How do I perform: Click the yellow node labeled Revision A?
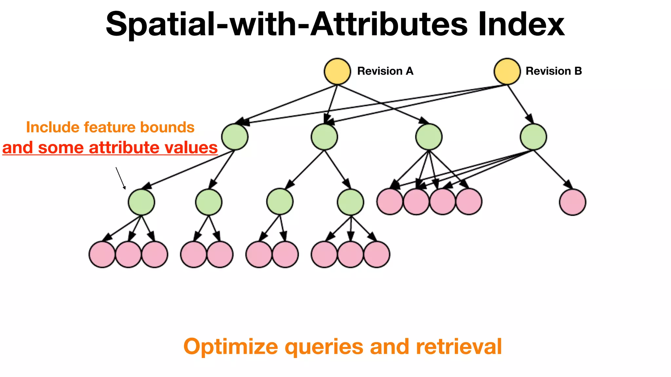click(337, 71)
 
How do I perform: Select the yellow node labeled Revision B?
click(507, 71)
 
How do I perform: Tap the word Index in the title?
click(521, 25)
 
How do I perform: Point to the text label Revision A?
click(385, 71)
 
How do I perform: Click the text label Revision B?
click(554, 71)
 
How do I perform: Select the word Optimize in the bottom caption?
click(231, 347)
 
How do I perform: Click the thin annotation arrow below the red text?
click(120, 178)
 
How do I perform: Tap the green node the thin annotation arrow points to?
click(141, 202)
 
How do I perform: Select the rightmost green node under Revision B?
click(533, 137)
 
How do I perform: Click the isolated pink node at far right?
click(572, 202)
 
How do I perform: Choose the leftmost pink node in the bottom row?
click(102, 254)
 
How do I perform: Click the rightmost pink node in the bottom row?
click(377, 254)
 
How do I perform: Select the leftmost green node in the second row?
click(235, 137)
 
